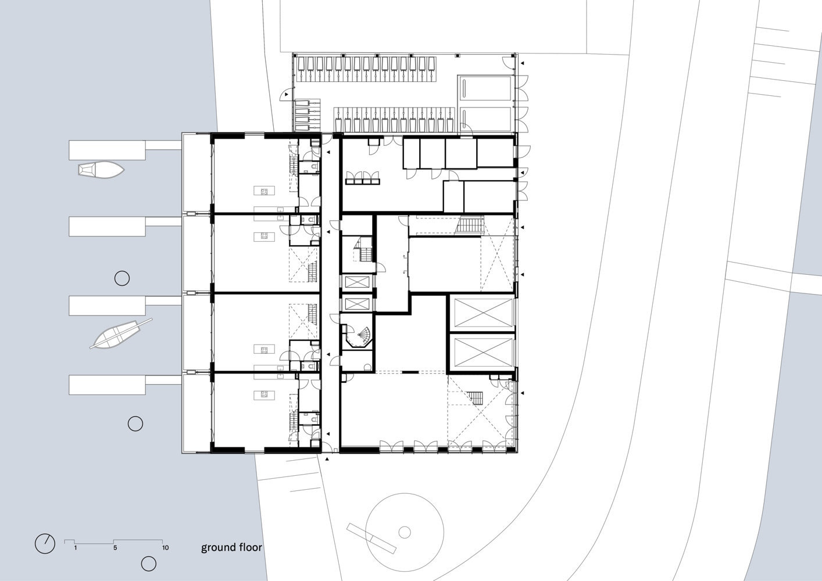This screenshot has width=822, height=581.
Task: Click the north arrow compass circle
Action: click(x=45, y=544)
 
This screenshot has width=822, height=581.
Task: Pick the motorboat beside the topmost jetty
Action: click(x=101, y=170)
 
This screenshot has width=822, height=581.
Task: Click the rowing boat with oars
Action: click(x=121, y=333)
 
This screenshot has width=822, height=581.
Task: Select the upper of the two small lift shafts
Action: click(x=356, y=282)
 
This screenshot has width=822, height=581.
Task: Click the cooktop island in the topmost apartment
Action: click(x=264, y=191)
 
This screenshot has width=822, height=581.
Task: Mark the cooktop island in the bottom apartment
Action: click(x=264, y=395)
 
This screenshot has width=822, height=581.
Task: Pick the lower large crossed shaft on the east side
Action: click(x=483, y=352)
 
